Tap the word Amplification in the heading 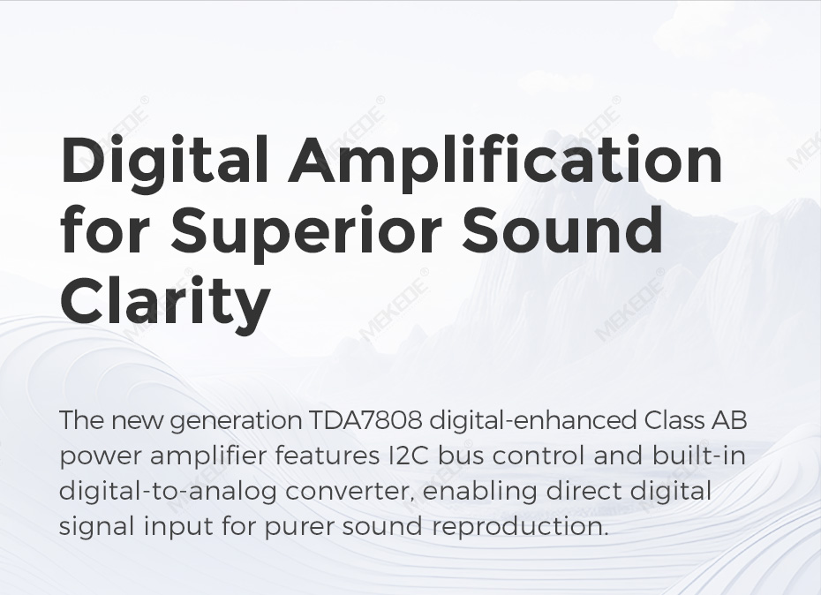click(505, 159)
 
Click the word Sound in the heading click(562, 229)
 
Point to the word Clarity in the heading click(165, 301)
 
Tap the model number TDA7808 click(365, 420)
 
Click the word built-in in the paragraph click(698, 456)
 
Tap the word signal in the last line click(96, 527)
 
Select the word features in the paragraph click(324, 456)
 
